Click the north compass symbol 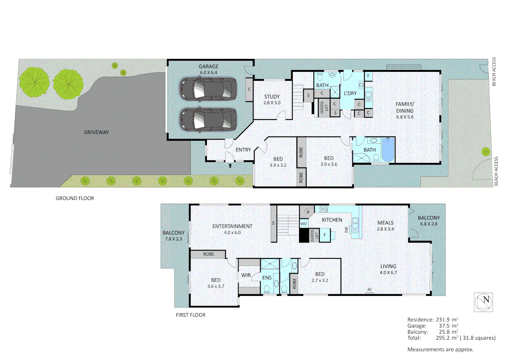[483, 302]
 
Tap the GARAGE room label [209, 66]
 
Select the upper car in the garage [209, 89]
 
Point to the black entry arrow [230, 165]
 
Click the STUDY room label [272, 96]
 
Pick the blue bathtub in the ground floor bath [388, 150]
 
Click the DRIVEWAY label [96, 132]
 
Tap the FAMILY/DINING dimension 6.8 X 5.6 [405, 117]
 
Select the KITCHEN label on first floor [332, 220]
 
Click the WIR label [246, 275]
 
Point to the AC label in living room [370, 290]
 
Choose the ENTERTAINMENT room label [232, 226]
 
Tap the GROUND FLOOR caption [75, 198]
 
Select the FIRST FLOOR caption [191, 315]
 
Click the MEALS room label [385, 223]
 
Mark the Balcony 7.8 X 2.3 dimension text [173, 239]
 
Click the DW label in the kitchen [346, 230]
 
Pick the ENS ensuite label [267, 278]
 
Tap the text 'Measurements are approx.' [440, 350]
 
